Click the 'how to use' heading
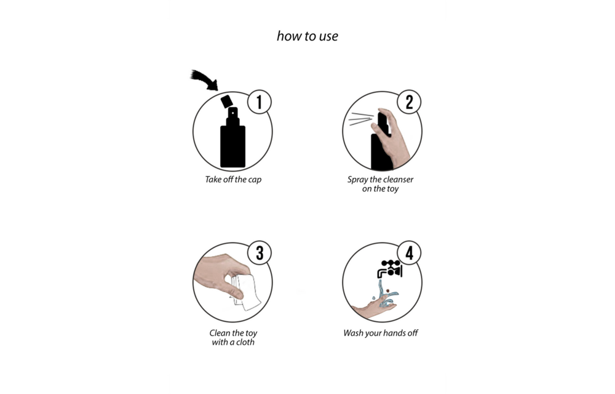pyautogui.click(x=307, y=36)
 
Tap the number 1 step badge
pyautogui.click(x=259, y=102)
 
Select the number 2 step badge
pyautogui.click(x=409, y=102)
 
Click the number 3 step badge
pyautogui.click(x=259, y=253)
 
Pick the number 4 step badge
pyautogui.click(x=409, y=253)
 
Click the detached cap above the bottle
pyautogui.click(x=228, y=100)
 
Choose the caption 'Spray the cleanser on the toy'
pyautogui.click(x=380, y=184)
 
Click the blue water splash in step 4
pyautogui.click(x=387, y=298)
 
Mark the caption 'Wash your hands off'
pyautogui.click(x=381, y=333)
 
